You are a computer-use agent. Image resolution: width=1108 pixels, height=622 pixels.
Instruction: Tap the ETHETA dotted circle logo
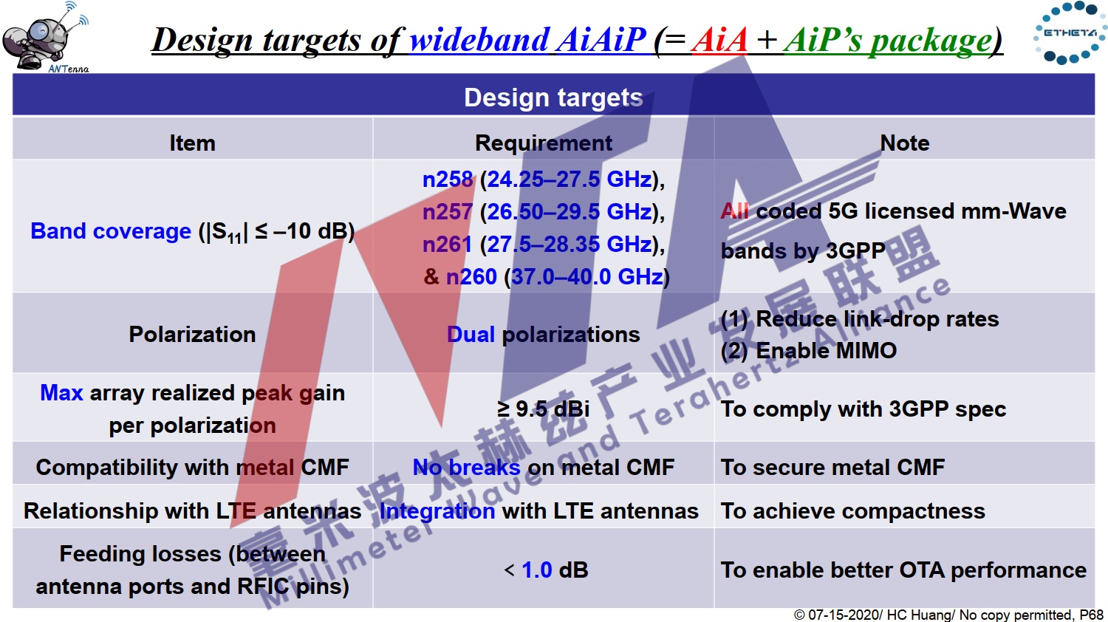click(x=1070, y=33)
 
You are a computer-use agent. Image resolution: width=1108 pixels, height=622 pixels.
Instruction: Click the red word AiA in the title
click(x=719, y=40)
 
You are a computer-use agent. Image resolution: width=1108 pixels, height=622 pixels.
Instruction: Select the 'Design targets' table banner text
click(x=553, y=97)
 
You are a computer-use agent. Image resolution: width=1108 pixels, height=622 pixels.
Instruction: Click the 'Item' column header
click(x=192, y=143)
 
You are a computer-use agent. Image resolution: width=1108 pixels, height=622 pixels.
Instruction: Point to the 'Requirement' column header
click(x=543, y=143)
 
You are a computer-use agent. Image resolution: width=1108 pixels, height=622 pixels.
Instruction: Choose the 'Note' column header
click(x=905, y=143)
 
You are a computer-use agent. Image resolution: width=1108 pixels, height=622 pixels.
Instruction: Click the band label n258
click(x=448, y=179)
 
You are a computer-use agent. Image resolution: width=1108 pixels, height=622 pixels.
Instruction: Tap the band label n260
click(x=471, y=276)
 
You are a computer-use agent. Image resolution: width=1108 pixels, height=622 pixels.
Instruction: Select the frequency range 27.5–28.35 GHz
click(x=570, y=245)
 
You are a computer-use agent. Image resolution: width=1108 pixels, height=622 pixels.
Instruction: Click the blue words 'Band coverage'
click(x=111, y=231)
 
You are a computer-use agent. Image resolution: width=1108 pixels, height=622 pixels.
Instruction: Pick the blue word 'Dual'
click(x=471, y=335)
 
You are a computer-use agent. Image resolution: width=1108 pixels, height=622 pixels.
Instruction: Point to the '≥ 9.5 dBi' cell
click(x=543, y=409)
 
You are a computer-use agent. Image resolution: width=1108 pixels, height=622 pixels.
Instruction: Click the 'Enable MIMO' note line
click(x=809, y=351)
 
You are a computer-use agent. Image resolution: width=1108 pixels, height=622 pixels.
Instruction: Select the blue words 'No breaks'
click(x=466, y=467)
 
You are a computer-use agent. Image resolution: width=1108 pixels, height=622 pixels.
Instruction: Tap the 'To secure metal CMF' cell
click(x=832, y=467)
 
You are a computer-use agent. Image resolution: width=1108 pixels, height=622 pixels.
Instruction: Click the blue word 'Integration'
click(x=437, y=510)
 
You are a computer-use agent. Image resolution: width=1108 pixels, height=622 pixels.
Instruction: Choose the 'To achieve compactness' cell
click(x=852, y=510)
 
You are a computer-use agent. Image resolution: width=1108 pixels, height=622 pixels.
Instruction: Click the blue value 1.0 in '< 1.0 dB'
click(x=537, y=570)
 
